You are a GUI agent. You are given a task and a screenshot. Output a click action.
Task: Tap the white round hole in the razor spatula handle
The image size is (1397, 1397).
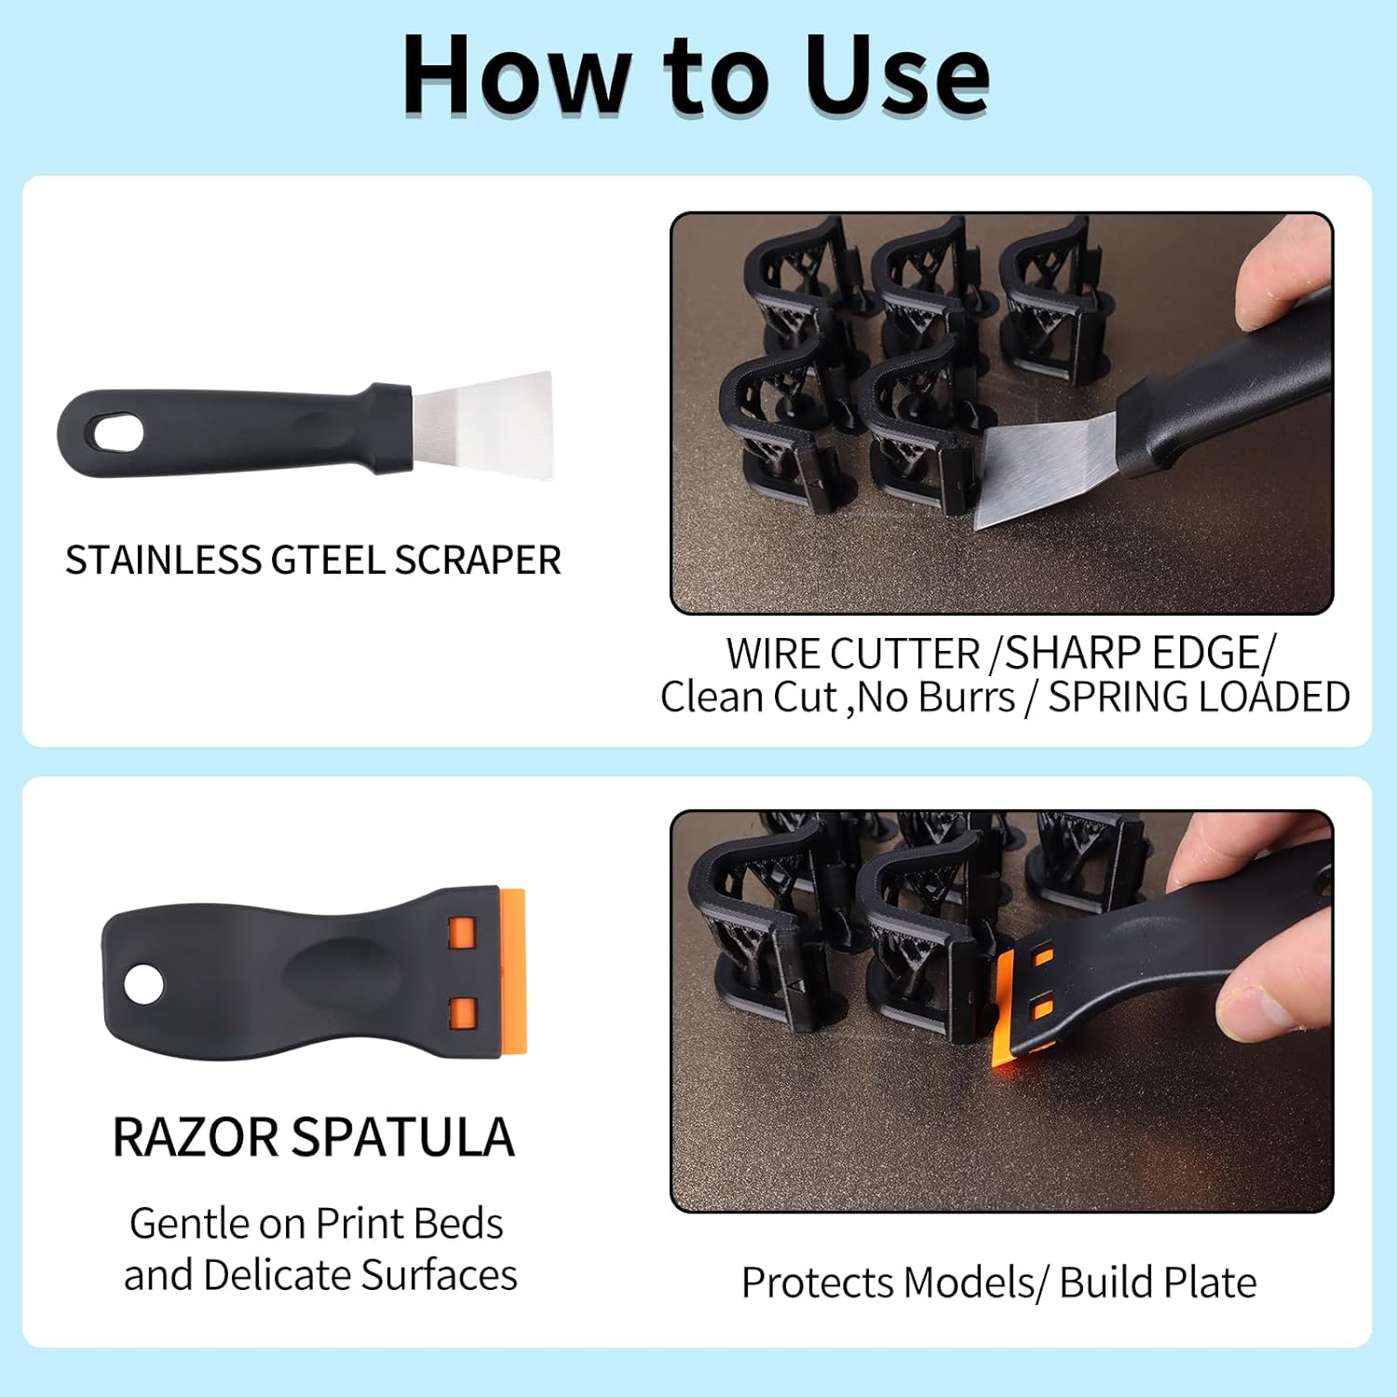pos(143,984)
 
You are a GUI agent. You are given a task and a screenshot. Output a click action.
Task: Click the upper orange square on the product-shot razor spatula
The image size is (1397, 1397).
pos(462,932)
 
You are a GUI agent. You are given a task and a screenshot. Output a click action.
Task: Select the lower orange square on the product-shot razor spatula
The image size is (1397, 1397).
pos(462,1012)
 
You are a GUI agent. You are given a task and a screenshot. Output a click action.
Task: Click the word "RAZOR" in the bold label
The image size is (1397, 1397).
pos(195,1137)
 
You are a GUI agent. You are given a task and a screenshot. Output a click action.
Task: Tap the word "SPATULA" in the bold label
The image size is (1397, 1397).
pos(402,1137)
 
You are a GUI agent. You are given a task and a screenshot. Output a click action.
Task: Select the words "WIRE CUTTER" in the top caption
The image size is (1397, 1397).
pos(852,654)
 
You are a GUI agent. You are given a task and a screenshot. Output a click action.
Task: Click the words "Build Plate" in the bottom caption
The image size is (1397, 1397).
pos(1158,1282)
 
